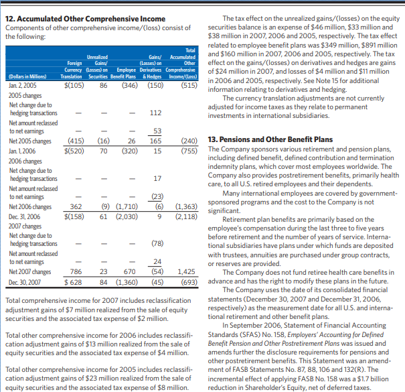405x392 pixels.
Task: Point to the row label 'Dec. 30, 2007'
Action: (24, 282)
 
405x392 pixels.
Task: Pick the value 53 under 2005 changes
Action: (157, 131)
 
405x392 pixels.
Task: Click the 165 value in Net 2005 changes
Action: (156, 141)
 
